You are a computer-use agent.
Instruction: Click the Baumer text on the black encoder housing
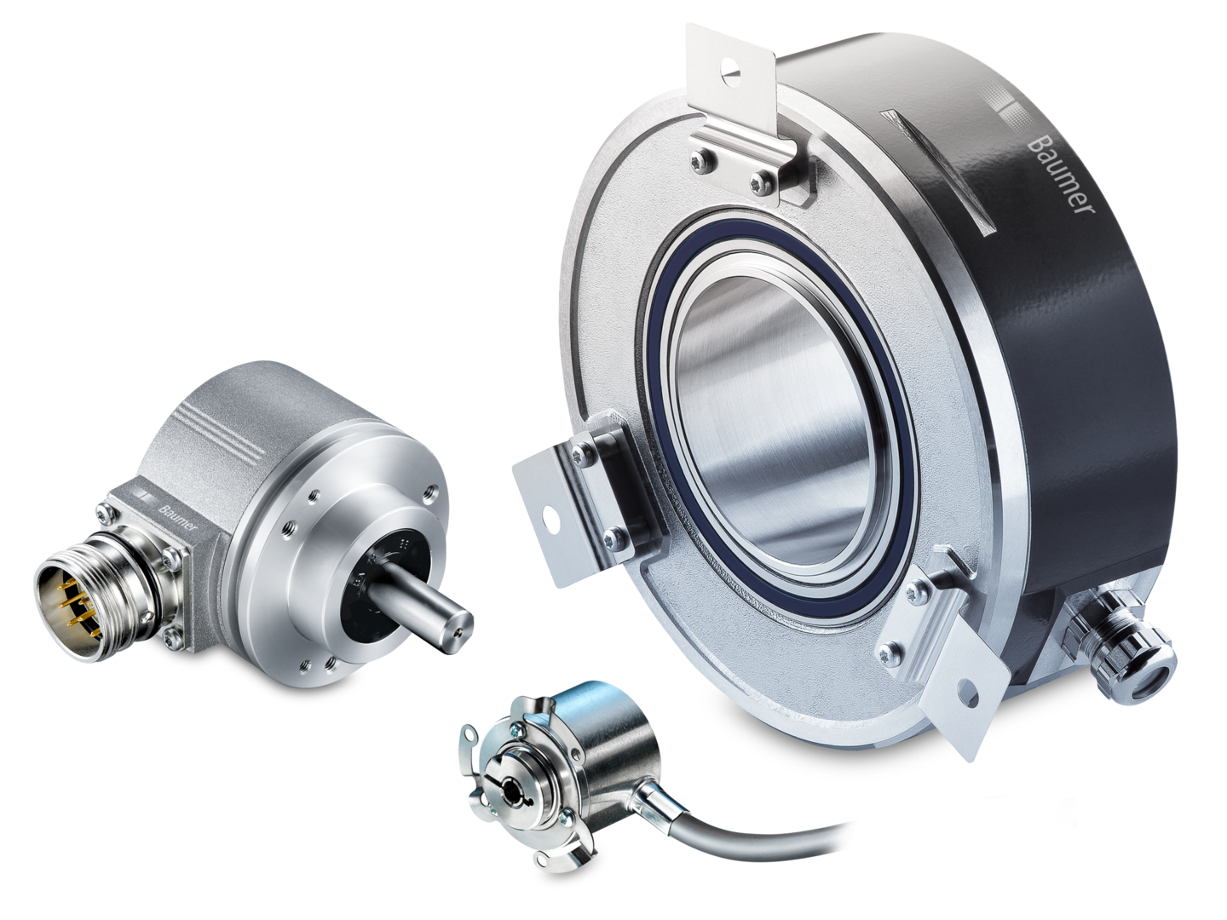pos(1061,174)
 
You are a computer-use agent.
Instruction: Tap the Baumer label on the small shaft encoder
pos(177,517)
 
